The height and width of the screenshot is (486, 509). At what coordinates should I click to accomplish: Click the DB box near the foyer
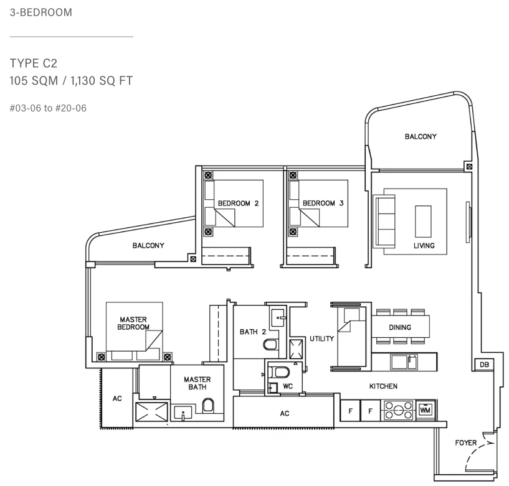(x=484, y=365)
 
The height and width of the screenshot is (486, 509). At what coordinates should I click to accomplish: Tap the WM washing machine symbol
(x=425, y=410)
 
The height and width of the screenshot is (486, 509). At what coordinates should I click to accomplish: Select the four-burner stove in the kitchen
(x=398, y=410)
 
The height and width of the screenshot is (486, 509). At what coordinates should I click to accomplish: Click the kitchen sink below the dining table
(x=404, y=362)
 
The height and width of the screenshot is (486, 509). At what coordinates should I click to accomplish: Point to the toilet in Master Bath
(x=208, y=406)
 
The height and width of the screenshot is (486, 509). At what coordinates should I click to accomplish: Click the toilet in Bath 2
(x=270, y=344)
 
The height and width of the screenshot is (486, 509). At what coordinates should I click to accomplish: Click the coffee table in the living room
(x=423, y=222)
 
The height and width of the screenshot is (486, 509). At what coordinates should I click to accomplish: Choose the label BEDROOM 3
(x=323, y=203)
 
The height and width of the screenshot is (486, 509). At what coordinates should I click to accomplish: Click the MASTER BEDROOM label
(x=133, y=323)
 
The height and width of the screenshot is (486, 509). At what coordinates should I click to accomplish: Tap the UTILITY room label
(x=321, y=339)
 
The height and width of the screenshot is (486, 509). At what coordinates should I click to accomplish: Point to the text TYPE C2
(x=34, y=63)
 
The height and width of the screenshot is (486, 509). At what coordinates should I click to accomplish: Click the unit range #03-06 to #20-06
(x=48, y=108)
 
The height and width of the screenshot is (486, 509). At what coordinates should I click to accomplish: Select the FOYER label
(x=466, y=442)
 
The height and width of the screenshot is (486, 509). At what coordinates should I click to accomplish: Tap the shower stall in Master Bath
(x=151, y=412)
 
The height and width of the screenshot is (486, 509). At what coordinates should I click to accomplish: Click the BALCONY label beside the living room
(x=421, y=136)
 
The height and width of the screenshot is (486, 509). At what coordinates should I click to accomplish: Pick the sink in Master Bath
(x=183, y=413)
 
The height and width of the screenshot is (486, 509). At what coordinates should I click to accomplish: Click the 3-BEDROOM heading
(x=41, y=12)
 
